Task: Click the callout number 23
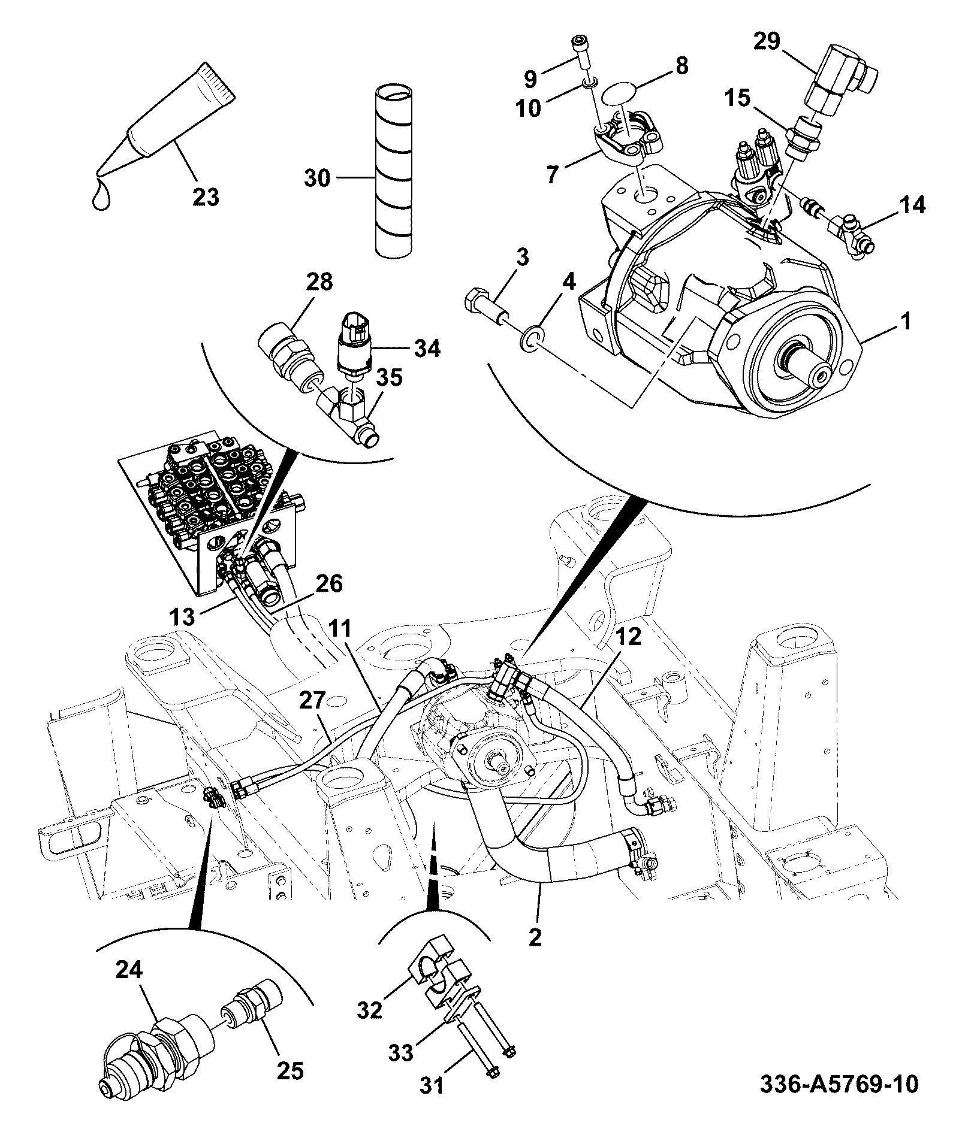point(206,197)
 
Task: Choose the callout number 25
point(290,1070)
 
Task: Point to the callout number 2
point(535,936)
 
